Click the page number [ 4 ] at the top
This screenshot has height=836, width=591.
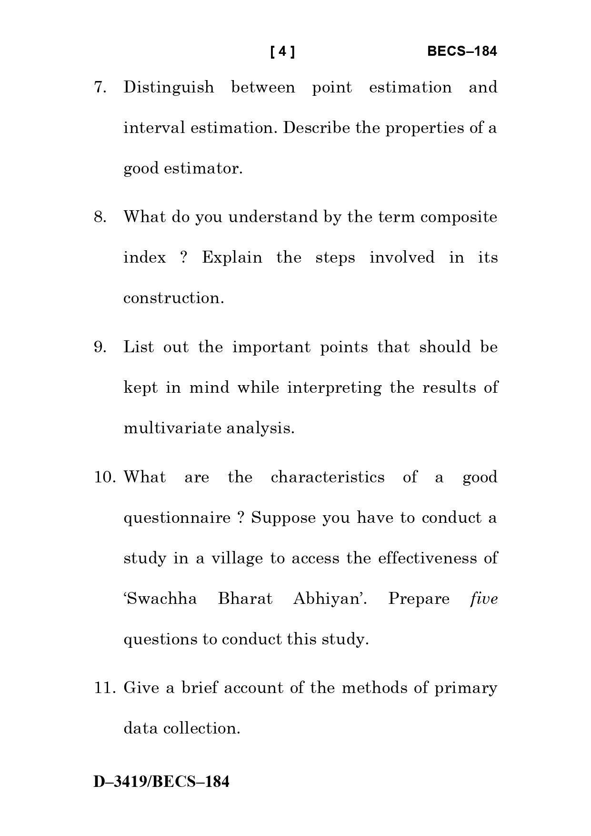(x=282, y=51)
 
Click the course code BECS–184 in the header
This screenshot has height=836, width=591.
(x=461, y=51)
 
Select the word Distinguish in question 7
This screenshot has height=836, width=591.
(x=169, y=88)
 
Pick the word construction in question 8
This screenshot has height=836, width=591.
(x=173, y=298)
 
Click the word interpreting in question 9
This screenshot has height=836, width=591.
(x=334, y=387)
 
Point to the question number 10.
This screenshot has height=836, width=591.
(x=105, y=477)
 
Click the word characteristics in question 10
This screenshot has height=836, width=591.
(x=328, y=477)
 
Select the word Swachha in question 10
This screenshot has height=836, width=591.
(x=160, y=599)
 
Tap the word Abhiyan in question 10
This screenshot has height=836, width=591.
(x=329, y=599)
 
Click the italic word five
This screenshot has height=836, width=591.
(x=483, y=599)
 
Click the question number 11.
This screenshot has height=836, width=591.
(x=105, y=688)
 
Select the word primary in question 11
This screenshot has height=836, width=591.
(x=465, y=688)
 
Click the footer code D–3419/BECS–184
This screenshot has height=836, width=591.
(x=161, y=782)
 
